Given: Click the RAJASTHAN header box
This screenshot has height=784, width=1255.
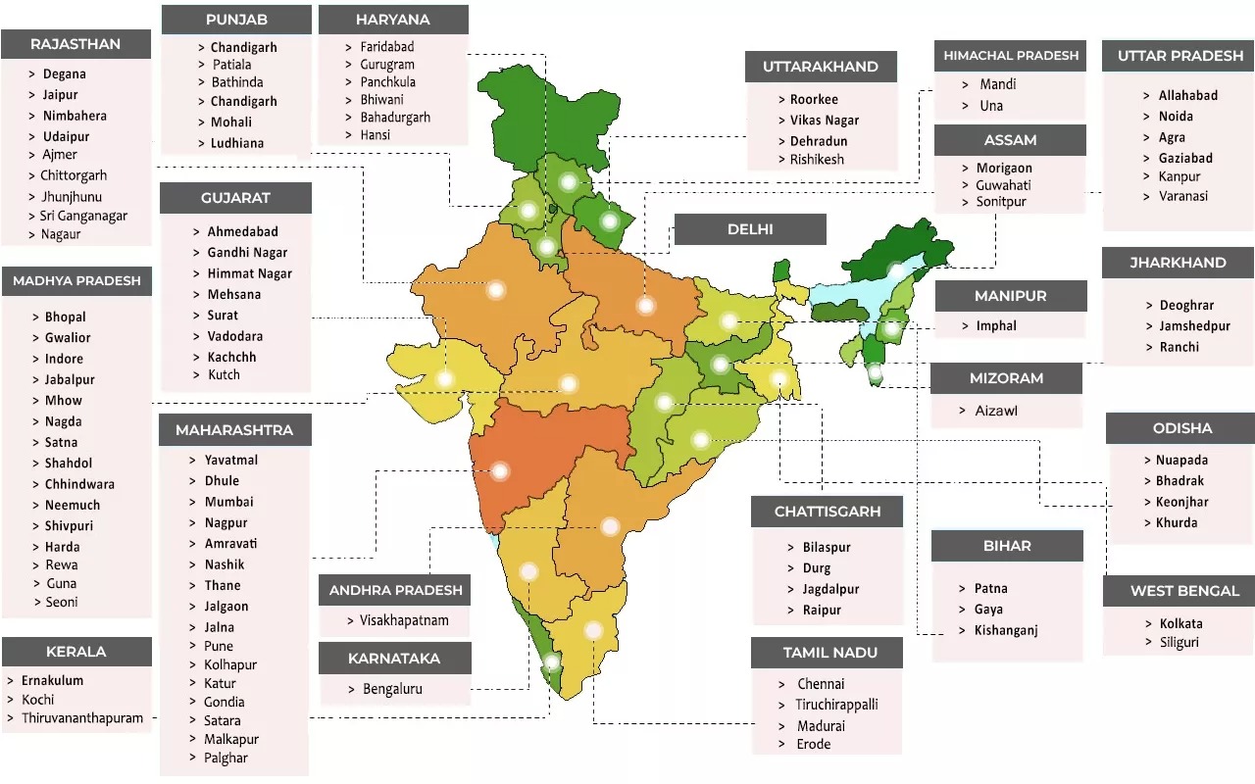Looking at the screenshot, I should point(75,44).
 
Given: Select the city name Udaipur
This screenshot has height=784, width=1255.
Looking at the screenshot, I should point(66,136).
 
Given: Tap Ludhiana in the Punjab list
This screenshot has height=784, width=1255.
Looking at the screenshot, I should point(236,143).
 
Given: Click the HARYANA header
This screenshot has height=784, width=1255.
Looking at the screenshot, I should point(393,20).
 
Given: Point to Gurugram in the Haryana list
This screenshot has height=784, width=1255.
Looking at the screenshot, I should point(387,65).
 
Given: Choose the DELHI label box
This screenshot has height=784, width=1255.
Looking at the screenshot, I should point(750,229).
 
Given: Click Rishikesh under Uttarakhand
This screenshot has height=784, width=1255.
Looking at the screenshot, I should point(817,160).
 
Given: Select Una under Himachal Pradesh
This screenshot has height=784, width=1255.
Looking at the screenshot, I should point(991,106).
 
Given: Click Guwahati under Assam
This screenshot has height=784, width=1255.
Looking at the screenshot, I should point(1003,185).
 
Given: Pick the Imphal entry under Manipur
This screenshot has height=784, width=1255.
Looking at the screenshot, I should point(996,325).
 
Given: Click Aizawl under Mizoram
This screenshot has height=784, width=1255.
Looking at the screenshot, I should point(996,411).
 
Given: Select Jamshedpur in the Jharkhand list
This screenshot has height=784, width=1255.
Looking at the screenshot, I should point(1194,325).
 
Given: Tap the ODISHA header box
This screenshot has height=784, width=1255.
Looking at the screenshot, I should point(1181,428).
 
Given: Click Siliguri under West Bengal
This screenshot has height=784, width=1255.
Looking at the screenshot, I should point(1178,643).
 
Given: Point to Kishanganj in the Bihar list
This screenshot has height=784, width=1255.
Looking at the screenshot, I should point(1006,630).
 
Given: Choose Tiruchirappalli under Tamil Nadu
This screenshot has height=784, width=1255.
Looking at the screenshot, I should point(836,705).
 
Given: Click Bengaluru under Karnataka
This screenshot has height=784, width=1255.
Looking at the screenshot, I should point(392,689).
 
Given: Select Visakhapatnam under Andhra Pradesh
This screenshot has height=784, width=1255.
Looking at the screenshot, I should point(404,620).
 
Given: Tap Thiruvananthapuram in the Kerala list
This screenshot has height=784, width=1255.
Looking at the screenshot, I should point(82,718).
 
